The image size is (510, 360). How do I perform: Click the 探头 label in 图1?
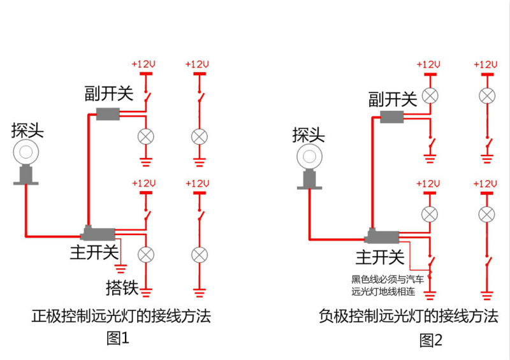[27, 131]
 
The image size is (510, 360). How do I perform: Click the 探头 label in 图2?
[309, 135]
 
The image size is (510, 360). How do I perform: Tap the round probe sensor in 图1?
[26, 152]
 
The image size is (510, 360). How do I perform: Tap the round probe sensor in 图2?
[309, 157]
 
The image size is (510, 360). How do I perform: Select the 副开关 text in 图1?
[109, 93]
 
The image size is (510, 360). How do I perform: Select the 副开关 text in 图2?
[393, 99]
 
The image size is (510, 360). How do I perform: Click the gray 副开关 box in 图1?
[108, 114]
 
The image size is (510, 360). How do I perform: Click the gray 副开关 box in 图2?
[392, 117]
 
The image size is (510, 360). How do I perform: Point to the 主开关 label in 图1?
[94, 252]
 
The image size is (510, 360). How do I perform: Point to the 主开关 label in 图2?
[380, 257]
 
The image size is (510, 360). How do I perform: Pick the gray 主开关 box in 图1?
[98, 233]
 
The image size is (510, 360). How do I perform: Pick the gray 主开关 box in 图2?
[382, 236]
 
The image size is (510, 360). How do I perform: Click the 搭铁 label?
[122, 288]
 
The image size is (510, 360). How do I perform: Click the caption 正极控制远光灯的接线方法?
[121, 316]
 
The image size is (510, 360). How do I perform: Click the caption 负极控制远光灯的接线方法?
[409, 316]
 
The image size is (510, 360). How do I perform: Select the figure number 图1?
[118, 338]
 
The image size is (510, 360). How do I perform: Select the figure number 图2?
[431, 340]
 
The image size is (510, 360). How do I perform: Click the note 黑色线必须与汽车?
[388, 279]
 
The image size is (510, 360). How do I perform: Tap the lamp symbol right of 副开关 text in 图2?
[430, 96]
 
